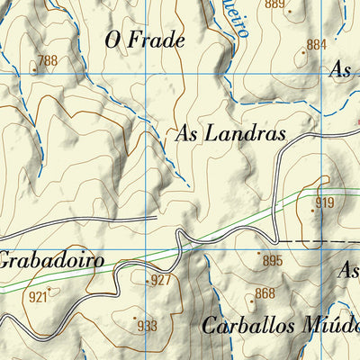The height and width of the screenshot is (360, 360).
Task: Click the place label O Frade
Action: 145,40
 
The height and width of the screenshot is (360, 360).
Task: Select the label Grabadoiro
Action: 49,261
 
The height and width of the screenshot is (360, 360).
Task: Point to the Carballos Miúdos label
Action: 280,326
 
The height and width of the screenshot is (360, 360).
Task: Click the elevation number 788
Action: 47,61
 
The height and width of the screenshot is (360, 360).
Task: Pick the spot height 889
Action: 274,5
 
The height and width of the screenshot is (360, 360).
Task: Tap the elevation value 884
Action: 316,44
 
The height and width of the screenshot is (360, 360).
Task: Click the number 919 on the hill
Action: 324,202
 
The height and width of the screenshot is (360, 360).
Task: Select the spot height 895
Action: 273,260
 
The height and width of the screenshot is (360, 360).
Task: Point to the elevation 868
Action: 265,293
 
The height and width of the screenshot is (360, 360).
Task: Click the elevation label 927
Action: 160,280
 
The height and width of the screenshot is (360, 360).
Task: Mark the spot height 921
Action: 38,297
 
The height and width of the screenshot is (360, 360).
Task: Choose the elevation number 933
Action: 147,326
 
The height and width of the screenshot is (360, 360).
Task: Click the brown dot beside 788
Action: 35,67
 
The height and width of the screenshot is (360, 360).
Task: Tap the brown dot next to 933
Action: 135,318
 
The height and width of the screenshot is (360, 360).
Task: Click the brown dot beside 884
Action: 304,51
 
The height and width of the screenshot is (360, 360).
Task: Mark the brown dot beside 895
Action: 260,254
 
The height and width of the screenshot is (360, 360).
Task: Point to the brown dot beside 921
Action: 50,289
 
